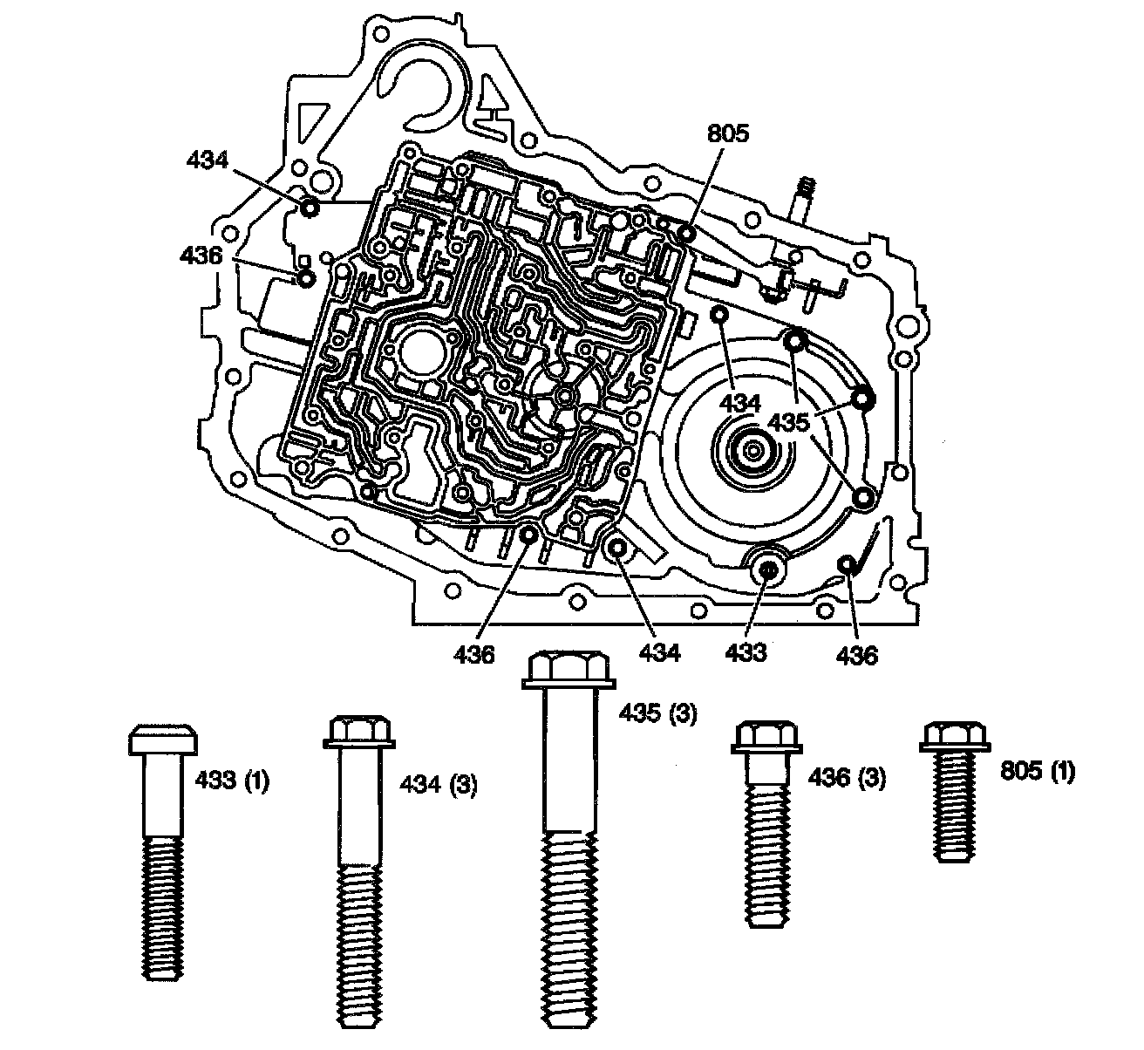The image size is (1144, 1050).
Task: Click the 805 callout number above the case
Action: click(x=728, y=133)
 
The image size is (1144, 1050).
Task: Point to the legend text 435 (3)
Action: click(x=657, y=713)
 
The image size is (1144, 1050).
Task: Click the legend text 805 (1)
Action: click(x=1037, y=771)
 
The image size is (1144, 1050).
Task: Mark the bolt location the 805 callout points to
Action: click(x=686, y=234)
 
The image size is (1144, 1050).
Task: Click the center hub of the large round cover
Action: click(x=752, y=451)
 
